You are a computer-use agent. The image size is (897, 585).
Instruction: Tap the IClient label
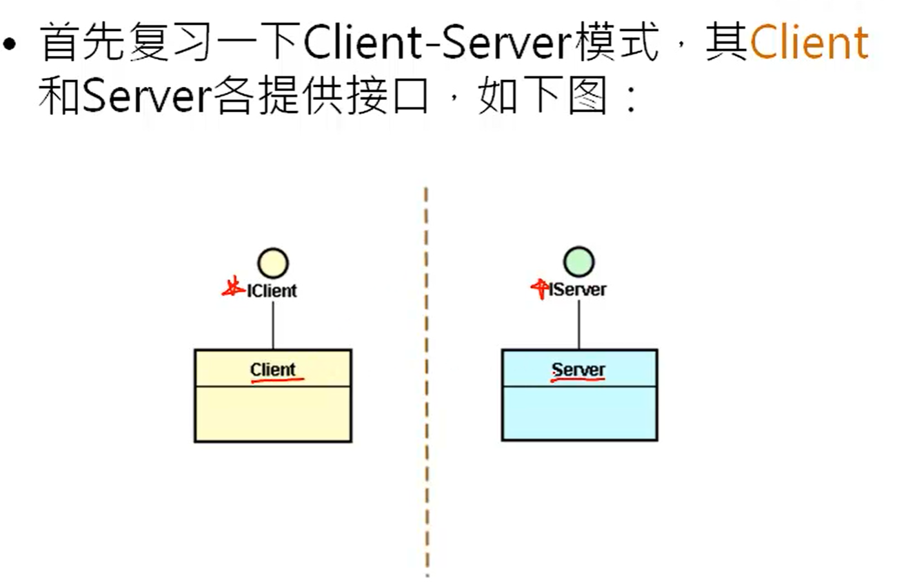coord(272,290)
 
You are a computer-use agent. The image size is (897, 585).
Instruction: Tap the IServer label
coord(578,289)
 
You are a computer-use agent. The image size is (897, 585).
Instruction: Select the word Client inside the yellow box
coord(273,370)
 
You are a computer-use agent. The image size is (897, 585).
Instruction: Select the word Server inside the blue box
coord(578,370)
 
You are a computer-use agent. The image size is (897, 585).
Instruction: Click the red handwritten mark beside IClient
coord(233,288)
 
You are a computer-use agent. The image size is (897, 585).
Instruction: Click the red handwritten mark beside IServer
coord(538,288)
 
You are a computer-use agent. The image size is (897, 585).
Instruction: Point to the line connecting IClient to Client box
coord(273,324)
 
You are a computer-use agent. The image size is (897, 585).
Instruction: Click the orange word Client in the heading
coord(809,43)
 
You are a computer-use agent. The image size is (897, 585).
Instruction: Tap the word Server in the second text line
coord(145,99)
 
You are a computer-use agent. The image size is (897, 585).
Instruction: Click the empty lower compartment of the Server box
coord(578,412)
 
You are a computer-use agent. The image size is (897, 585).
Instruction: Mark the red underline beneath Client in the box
coord(276,379)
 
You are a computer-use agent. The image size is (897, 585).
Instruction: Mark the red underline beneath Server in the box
coord(578,379)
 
